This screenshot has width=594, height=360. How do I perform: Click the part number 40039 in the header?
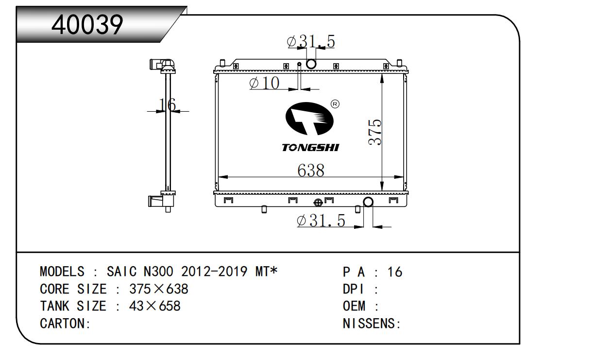tap(87, 25)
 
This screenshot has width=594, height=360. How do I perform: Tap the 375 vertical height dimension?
tap(375, 132)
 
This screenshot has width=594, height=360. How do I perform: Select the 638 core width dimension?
tap(311, 171)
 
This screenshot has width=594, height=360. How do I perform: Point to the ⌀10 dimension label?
tap(264, 83)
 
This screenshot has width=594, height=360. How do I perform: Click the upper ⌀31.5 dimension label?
tap(311, 41)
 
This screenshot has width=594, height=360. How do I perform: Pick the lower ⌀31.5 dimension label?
tap(321, 221)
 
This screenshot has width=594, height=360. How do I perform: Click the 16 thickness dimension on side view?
tap(168, 104)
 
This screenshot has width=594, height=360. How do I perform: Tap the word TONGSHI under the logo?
tap(310, 148)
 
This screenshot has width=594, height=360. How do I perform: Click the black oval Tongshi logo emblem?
tap(309, 119)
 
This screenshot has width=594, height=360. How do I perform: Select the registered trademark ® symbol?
tap(335, 104)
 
